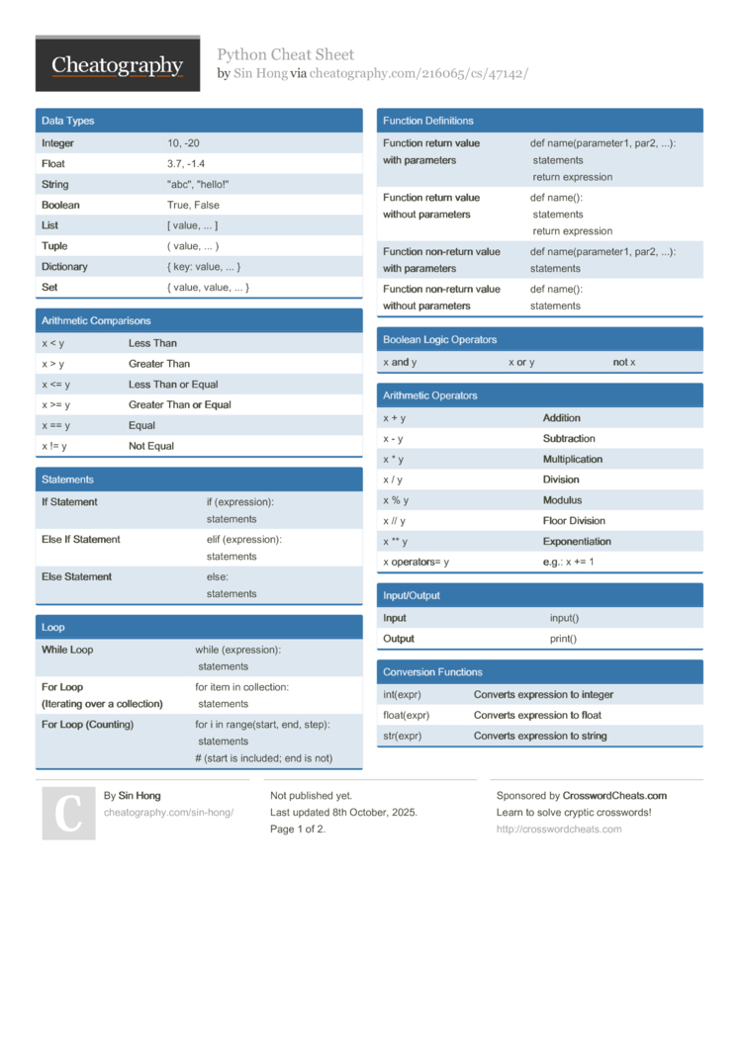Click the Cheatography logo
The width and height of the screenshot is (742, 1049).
pyautogui.click(x=118, y=65)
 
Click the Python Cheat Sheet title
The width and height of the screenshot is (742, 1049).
pyautogui.click(x=286, y=54)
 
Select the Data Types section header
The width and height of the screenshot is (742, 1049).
pyautogui.click(x=68, y=121)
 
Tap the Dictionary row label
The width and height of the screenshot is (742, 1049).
pyautogui.click(x=64, y=267)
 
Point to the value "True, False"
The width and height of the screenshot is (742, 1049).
pyautogui.click(x=193, y=206)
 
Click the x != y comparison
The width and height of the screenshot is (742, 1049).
pyautogui.click(x=54, y=446)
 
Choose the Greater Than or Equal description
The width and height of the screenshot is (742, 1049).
pyautogui.click(x=180, y=405)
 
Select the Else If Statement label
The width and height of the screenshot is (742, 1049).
pyautogui.click(x=81, y=540)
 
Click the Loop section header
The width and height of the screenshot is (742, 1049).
pyautogui.click(x=53, y=628)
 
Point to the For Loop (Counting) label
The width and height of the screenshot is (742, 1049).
pyautogui.click(x=88, y=725)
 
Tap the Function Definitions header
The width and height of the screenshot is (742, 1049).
pyautogui.click(x=428, y=121)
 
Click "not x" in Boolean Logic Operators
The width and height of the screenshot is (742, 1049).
pyautogui.click(x=624, y=363)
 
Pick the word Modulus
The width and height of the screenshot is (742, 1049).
pyautogui.click(x=563, y=500)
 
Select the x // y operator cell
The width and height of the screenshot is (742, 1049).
pyautogui.click(x=395, y=521)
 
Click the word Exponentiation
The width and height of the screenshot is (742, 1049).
pyautogui.click(x=577, y=542)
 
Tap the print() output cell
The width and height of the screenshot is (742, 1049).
pyautogui.click(x=564, y=639)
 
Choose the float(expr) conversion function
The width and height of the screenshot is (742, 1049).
pyautogui.click(x=407, y=715)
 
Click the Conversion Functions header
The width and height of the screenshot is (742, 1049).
pyautogui.click(x=433, y=672)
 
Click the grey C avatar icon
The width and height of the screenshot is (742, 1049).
pyautogui.click(x=69, y=814)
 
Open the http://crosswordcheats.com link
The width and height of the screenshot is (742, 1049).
pyautogui.click(x=559, y=830)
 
